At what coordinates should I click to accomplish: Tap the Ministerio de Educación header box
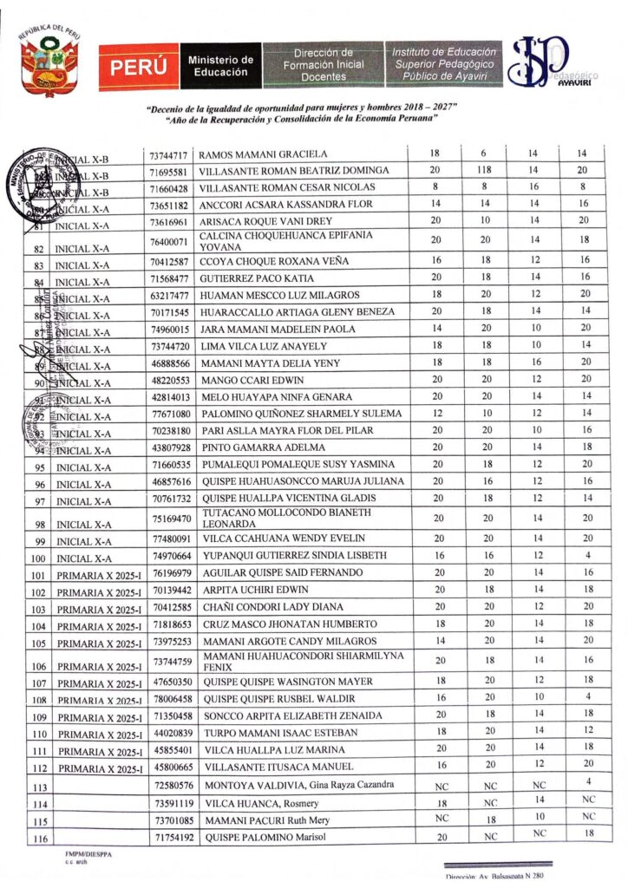click(x=220, y=66)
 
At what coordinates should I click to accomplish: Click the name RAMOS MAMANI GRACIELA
click(x=264, y=154)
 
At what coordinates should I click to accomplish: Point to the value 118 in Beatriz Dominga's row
click(x=484, y=171)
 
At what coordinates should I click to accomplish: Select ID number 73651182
click(x=169, y=205)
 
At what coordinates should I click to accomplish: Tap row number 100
click(x=36, y=559)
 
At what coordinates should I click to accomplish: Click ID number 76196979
click(x=169, y=573)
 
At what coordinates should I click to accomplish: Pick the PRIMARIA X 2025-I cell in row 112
click(x=97, y=768)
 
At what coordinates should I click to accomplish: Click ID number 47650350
click(x=169, y=682)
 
